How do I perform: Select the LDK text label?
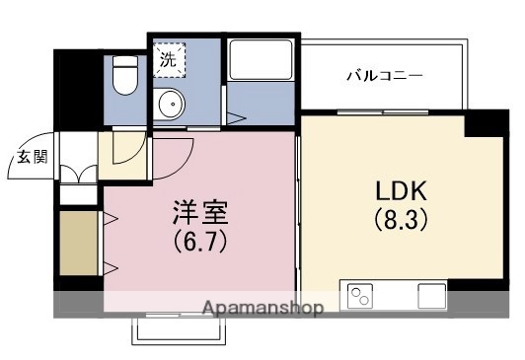(x=399, y=189)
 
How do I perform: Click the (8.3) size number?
(x=400, y=220)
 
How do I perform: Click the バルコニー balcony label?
(x=384, y=75)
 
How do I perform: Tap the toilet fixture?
(x=124, y=75)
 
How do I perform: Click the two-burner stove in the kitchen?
(x=358, y=294)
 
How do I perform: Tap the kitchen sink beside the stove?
(x=432, y=294)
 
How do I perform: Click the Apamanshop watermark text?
(x=262, y=309)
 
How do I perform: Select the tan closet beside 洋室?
(x=78, y=243)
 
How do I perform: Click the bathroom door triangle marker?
(x=234, y=118)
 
